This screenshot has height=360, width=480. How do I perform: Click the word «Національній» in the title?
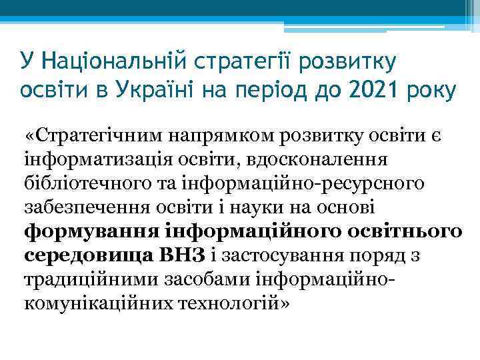click(113, 62)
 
